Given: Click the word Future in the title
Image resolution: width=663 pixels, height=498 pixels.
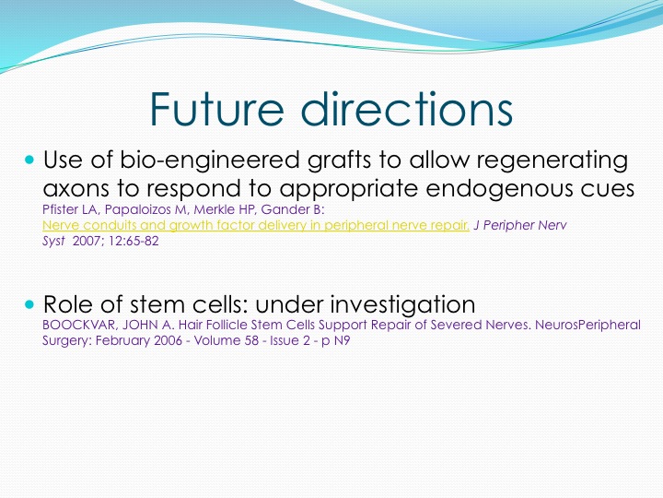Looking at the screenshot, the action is [216, 109].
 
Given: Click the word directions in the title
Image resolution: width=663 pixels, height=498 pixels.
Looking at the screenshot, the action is [407, 109].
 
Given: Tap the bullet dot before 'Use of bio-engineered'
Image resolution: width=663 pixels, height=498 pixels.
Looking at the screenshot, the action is [29, 160].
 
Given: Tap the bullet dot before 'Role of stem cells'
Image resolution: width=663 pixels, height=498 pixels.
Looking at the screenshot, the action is [29, 304].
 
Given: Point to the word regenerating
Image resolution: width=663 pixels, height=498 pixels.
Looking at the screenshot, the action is [552, 161].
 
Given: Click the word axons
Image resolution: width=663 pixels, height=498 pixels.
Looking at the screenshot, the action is [76, 189].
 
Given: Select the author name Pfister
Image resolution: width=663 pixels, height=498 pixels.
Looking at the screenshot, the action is [57, 209].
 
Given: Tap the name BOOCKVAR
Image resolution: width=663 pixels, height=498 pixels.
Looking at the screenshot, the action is [78, 325].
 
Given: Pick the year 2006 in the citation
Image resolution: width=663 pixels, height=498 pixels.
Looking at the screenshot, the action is [169, 340].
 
